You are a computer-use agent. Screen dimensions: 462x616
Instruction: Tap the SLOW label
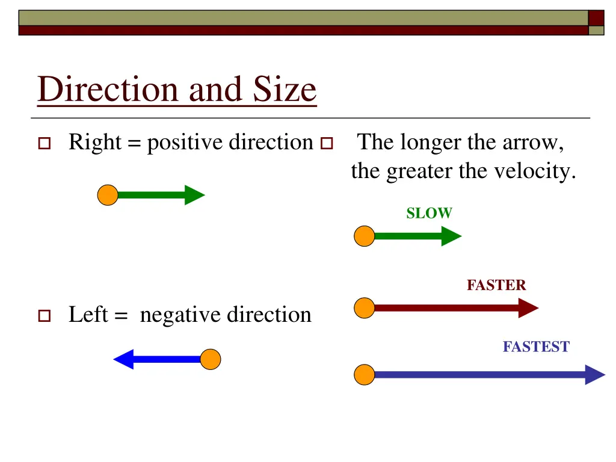pos(429,213)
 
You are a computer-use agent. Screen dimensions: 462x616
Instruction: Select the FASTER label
pos(496,285)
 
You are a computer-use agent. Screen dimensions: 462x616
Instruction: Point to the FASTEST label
pos(535,346)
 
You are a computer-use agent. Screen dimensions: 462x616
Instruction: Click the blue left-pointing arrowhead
pos(123,360)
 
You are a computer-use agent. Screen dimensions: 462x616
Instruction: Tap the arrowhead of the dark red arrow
pos(528,308)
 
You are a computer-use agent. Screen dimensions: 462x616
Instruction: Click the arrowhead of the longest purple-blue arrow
pos(595,374)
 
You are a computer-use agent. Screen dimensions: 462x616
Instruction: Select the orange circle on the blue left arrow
pos(211,360)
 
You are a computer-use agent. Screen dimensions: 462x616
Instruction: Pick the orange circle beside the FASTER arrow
pos(364,308)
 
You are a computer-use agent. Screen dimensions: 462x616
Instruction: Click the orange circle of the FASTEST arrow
pos(364,374)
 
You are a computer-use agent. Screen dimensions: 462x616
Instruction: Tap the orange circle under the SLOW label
pos(364,236)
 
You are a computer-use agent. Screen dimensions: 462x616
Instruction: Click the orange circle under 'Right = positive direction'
pos(108,195)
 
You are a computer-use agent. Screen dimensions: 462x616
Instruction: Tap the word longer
pos(428,143)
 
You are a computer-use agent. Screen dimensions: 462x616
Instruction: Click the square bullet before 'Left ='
pos(43,315)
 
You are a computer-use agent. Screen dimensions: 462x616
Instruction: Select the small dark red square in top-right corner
pos(596,17)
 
